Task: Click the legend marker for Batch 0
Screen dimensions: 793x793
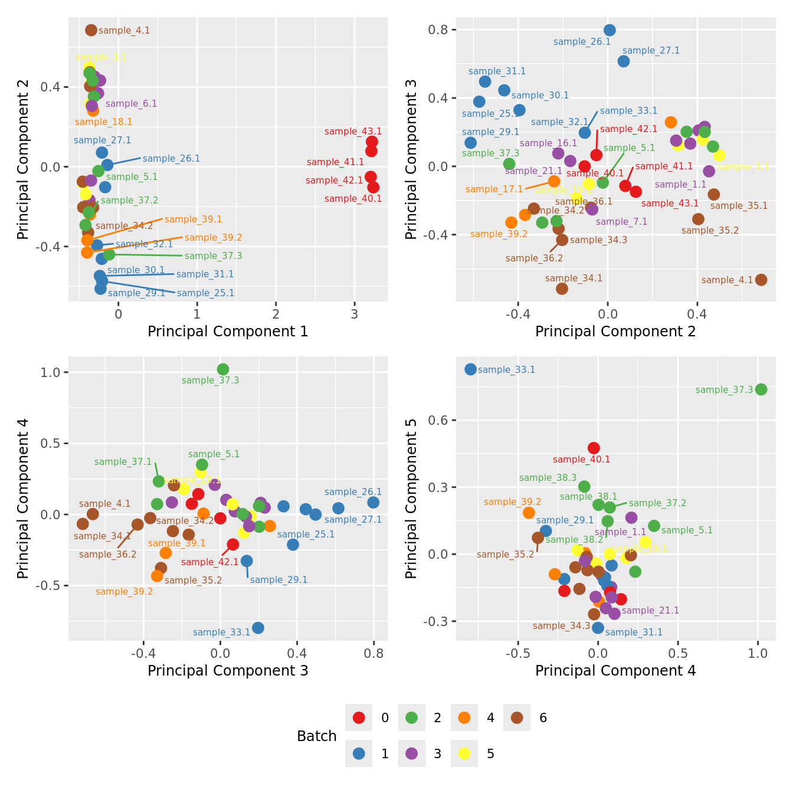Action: tap(359, 717)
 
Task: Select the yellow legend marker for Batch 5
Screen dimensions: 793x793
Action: tap(464, 753)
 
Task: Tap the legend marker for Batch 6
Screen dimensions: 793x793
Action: tap(517, 717)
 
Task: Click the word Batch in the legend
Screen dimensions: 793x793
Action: tap(317, 736)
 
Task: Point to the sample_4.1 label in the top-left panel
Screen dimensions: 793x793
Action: tap(124, 31)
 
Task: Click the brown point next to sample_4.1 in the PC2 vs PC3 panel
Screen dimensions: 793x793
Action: tap(761, 280)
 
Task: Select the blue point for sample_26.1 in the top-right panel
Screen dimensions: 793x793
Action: tap(610, 30)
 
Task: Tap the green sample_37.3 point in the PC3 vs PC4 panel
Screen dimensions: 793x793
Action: tap(223, 369)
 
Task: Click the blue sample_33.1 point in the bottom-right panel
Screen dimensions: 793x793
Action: tap(470, 369)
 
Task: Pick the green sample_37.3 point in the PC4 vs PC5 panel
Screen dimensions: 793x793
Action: tap(761, 389)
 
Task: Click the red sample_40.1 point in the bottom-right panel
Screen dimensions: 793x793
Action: tap(594, 448)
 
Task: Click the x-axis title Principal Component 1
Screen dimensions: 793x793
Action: tap(228, 332)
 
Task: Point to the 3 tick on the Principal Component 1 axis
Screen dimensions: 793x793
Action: tap(354, 314)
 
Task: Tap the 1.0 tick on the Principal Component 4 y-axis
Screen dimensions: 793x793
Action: tap(51, 372)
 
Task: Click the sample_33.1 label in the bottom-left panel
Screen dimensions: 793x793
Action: tap(221, 633)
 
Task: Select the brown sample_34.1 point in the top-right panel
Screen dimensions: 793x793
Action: tap(562, 289)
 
